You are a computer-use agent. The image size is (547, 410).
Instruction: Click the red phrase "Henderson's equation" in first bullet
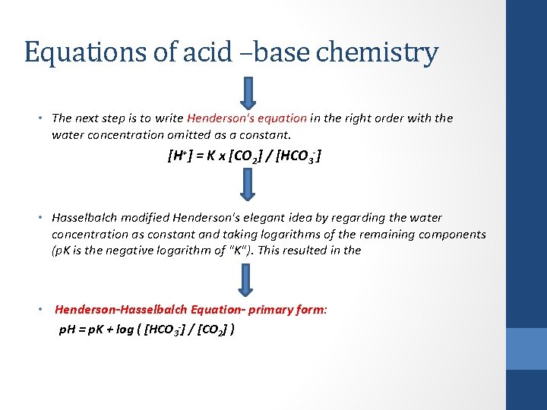point(247,118)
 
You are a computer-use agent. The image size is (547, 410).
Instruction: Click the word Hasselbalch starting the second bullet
point(83,218)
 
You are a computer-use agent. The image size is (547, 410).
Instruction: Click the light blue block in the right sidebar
point(526,348)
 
